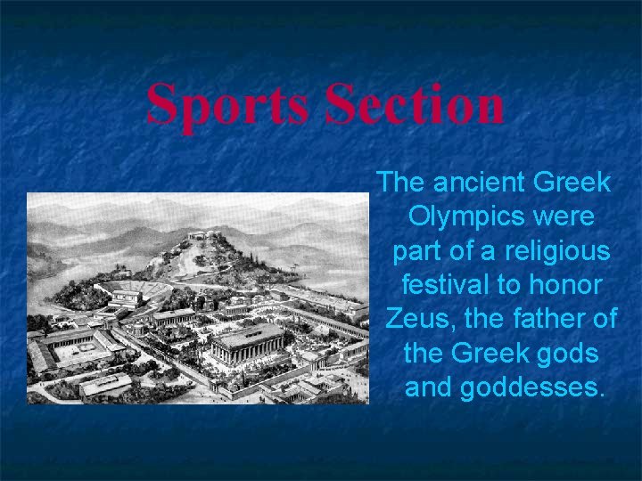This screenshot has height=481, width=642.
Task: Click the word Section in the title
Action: coord(415,105)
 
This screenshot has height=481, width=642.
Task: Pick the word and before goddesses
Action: coord(430,388)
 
